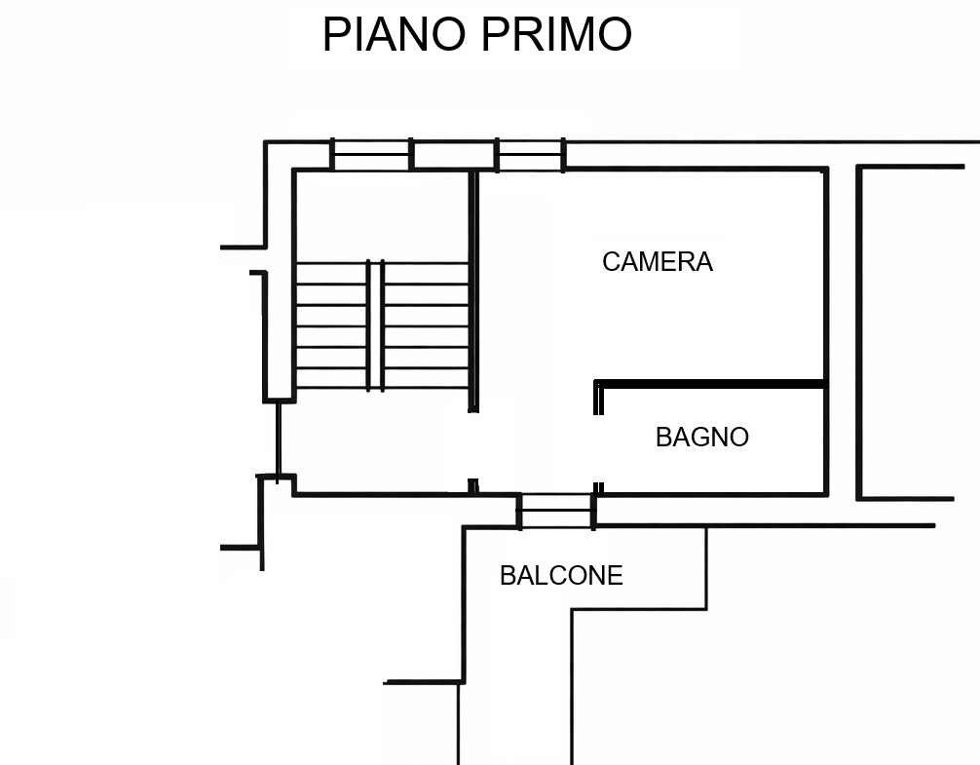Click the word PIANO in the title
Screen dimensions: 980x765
395,34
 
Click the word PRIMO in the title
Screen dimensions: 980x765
556,34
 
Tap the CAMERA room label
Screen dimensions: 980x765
658,262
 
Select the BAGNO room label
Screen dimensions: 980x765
701,437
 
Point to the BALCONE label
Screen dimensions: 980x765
561,576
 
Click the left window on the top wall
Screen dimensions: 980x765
371,154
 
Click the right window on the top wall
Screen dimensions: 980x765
530,154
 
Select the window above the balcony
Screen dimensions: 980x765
556,511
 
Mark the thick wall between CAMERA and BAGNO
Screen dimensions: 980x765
709,384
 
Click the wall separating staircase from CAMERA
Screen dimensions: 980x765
473,290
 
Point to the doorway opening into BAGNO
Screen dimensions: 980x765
598,448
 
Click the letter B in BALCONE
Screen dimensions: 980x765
507,576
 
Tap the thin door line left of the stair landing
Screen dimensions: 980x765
279,439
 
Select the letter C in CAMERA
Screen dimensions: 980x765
611,262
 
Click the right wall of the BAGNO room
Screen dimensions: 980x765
826,440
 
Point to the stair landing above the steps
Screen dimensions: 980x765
381,215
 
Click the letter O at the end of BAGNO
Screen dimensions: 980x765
740,437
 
